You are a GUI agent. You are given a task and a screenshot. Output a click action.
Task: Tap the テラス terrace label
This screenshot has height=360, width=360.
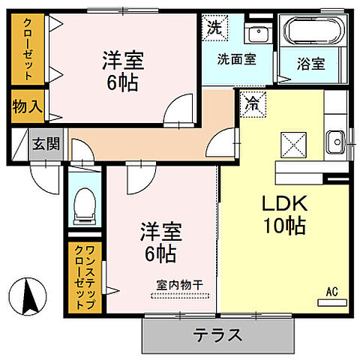pos(217,335)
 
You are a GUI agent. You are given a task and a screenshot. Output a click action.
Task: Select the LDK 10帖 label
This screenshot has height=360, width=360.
pos(283,214)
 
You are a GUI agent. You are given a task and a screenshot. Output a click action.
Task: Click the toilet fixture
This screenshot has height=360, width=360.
pos(83,203)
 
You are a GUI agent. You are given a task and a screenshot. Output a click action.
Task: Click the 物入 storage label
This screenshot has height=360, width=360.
pos(27,106)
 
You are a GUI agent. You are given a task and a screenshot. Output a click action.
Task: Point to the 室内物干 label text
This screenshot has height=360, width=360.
pos(183,284)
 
